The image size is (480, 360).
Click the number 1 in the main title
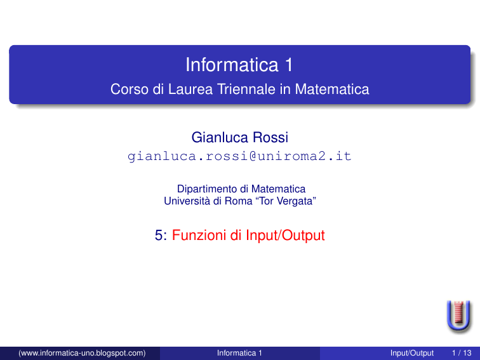pos(289,65)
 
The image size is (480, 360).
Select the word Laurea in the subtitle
pos(190,90)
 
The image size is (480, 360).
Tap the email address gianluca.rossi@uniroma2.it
pos(239,156)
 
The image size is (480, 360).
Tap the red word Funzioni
pos(199,235)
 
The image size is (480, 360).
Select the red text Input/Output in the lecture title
pos(285,236)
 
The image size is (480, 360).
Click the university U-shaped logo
pos(458,316)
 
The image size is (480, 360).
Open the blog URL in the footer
pos(82,353)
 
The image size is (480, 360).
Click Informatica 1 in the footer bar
pos(239,353)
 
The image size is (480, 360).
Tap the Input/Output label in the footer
pos(412,353)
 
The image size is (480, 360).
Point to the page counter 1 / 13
pos(462,353)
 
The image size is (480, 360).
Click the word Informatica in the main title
pos(232,65)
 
